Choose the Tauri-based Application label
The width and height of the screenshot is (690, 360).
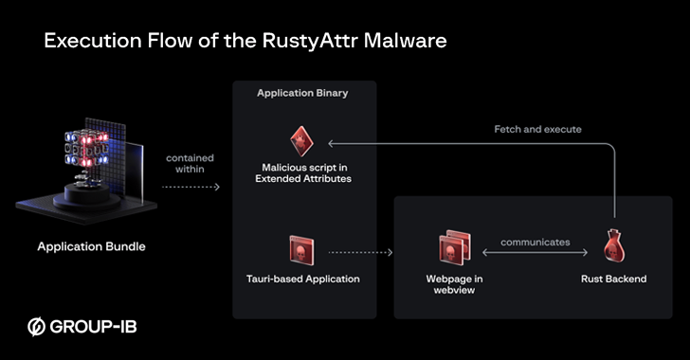(302, 279)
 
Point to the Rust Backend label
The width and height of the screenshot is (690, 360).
(613, 279)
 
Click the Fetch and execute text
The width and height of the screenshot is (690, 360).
(537, 129)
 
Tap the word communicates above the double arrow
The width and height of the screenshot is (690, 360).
(536, 242)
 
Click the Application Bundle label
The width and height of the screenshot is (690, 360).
(91, 247)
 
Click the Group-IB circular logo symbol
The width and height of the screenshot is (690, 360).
(37, 328)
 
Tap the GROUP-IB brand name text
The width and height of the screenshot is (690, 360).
(95, 328)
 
